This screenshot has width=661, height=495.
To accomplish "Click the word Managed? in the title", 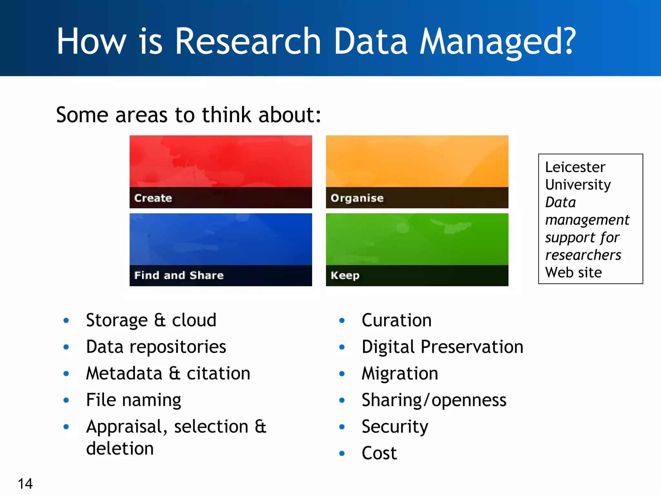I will (497, 42).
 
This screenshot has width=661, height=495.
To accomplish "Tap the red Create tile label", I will (153, 198).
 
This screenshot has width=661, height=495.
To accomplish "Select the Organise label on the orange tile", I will (357, 198).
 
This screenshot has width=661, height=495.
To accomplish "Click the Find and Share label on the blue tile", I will (179, 276).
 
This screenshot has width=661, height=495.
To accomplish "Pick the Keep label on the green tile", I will (345, 276).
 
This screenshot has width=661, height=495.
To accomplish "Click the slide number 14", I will (25, 484).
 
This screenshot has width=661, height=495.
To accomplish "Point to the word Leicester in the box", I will (575, 167).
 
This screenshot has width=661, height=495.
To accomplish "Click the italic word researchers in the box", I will (583, 255).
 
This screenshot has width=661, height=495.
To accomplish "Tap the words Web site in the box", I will (573, 273).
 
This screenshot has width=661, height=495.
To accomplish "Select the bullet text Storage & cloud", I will (151, 320).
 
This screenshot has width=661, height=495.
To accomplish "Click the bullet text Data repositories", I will (156, 347).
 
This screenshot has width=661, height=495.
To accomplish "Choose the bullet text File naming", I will (133, 400).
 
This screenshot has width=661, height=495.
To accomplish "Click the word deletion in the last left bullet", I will (120, 449).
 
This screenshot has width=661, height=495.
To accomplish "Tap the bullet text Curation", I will (396, 320).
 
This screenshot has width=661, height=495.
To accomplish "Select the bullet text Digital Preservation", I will (442, 347).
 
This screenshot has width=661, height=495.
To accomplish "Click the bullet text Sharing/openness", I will (434, 400).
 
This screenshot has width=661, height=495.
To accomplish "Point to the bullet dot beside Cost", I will (342, 453).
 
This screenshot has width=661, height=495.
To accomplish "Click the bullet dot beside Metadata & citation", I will (66, 374).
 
